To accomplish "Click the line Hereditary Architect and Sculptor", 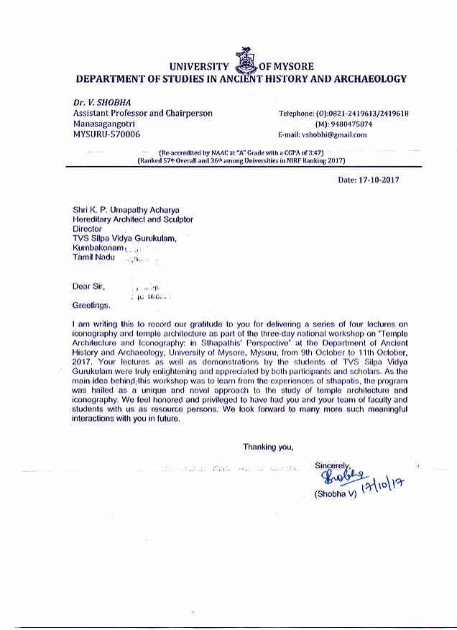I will click(x=133, y=219).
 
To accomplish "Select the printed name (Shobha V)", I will click(x=336, y=496).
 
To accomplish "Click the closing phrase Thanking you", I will click(x=268, y=447).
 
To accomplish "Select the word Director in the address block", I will click(x=88, y=229).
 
